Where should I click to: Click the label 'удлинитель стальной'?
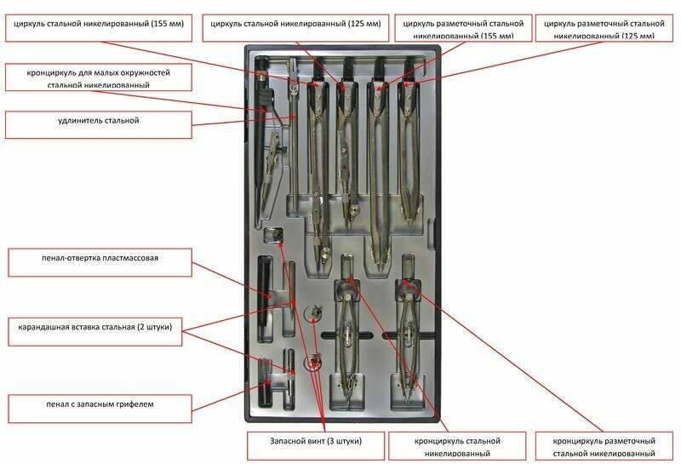(x=97, y=121)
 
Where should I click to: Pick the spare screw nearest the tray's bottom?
(x=313, y=362)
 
